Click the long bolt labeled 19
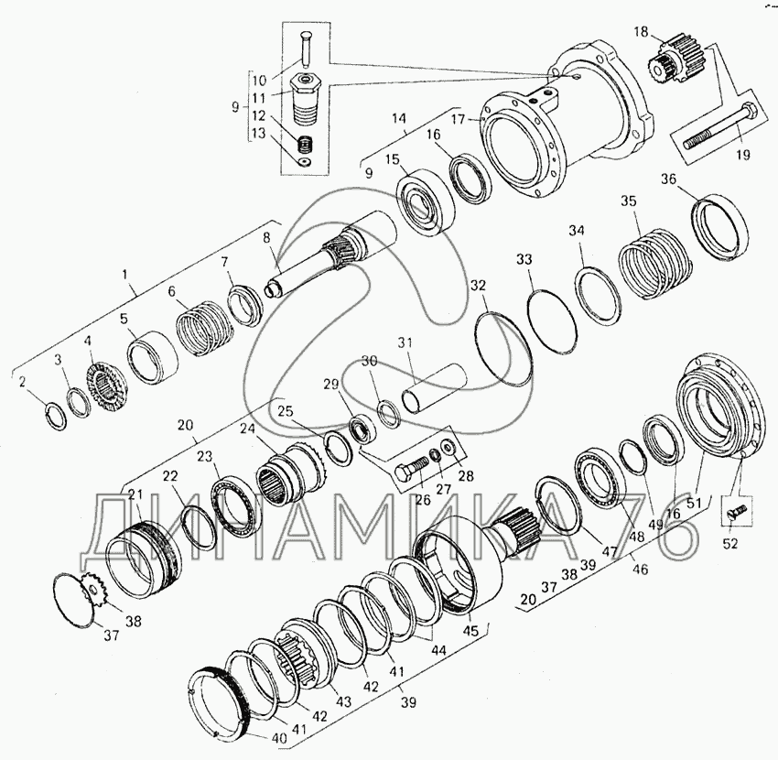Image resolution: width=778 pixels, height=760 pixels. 720,127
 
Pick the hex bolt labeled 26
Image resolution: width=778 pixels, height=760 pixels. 412,468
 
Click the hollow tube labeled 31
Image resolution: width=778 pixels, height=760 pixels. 435,387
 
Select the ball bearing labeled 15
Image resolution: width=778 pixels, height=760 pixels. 427,201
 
